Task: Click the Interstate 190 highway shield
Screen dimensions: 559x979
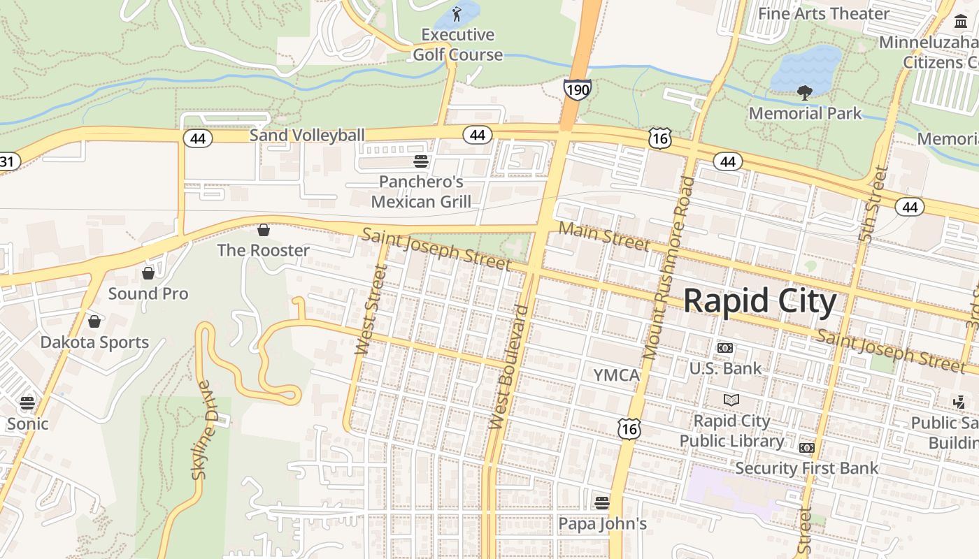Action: point(577,89)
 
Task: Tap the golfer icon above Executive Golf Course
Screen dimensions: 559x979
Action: point(457,13)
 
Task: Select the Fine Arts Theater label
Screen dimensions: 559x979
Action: point(823,13)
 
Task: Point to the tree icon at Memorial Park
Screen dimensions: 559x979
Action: point(804,92)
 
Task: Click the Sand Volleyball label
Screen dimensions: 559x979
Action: point(307,135)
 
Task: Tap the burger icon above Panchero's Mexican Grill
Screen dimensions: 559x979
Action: point(421,162)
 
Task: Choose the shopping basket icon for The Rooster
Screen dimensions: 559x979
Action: point(264,230)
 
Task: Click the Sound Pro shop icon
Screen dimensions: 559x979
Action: point(148,273)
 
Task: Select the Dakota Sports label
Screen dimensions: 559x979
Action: point(94,342)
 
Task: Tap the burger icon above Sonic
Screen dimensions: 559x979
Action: point(27,402)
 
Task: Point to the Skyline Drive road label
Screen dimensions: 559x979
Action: point(201,430)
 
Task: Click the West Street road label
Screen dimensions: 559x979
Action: point(371,310)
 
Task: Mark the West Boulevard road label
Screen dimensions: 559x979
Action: point(510,367)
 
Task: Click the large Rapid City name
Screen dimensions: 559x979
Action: point(759,301)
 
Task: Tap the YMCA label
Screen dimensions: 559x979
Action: point(616,375)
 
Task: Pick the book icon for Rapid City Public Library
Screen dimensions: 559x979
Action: point(731,400)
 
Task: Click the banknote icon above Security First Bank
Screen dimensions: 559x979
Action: point(807,447)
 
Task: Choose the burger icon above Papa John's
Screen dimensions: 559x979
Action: point(601,502)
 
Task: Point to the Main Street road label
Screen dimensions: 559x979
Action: point(604,235)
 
